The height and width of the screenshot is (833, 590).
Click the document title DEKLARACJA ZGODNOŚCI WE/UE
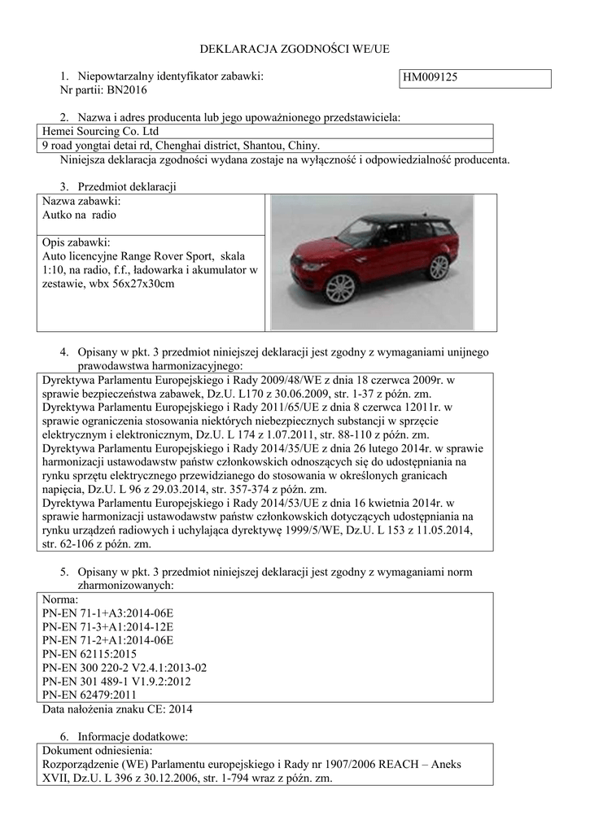point(295,50)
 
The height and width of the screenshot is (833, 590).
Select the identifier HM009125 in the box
point(430,78)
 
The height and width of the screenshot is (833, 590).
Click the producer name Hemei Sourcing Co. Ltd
point(100,131)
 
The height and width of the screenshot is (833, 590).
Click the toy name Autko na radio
point(79,216)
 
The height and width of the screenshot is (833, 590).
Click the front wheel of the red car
point(341,286)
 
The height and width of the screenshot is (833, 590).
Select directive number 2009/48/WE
point(281,380)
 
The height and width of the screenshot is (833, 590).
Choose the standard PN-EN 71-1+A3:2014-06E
point(107,613)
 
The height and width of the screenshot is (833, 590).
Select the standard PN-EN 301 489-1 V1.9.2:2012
point(116,681)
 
